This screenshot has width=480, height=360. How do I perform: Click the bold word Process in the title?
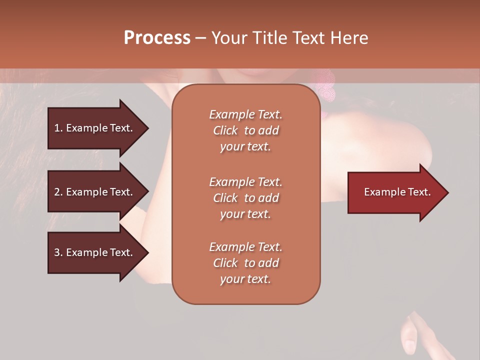click(157, 38)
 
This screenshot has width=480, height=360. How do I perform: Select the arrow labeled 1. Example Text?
click(95, 128)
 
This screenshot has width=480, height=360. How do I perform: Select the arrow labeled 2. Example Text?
click(95, 192)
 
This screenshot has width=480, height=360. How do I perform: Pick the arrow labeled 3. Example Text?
click(95, 252)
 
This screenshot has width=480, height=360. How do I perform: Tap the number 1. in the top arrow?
click(58, 128)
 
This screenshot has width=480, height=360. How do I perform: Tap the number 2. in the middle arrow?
click(58, 192)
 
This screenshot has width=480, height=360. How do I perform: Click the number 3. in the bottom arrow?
click(58, 252)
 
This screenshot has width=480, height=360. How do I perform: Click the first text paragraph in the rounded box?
click(245, 130)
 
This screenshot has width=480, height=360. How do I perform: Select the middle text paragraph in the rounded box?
click(245, 197)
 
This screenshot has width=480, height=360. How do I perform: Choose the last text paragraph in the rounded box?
click(245, 263)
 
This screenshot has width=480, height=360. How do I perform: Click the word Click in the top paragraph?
click(225, 130)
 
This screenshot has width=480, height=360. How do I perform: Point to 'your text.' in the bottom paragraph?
click(245, 279)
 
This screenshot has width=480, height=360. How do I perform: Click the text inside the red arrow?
click(397, 192)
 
